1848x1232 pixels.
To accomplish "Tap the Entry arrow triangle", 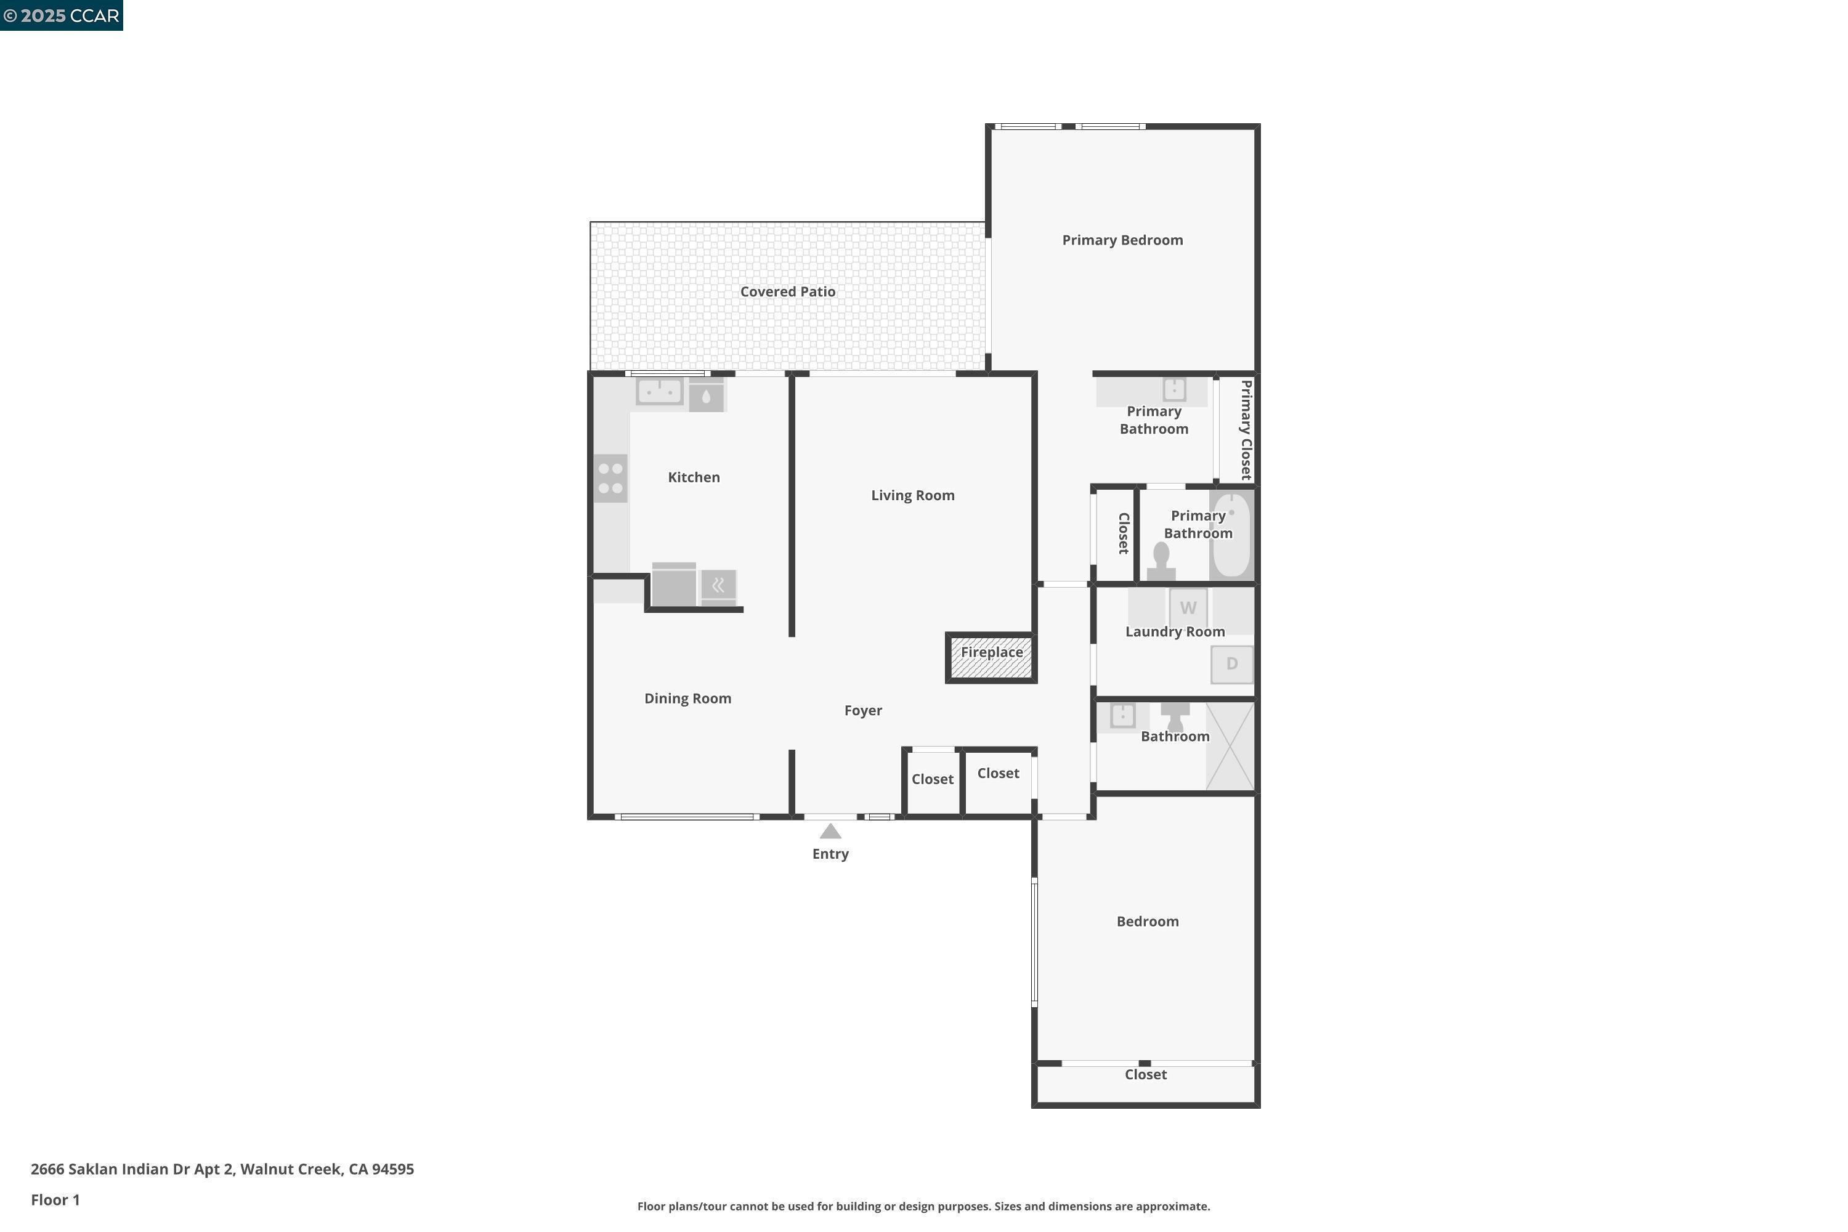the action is (x=830, y=831).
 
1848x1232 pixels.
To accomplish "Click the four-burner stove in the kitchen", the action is (x=610, y=479).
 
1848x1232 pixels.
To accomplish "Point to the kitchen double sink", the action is (x=659, y=391).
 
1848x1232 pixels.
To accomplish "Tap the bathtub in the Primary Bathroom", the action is (x=1231, y=535).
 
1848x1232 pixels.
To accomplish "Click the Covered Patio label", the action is (x=787, y=291).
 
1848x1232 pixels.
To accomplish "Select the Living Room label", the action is (x=913, y=495).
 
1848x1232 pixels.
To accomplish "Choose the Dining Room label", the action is (x=687, y=699).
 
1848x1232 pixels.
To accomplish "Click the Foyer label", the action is (x=863, y=710).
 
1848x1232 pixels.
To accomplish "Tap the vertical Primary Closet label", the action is (x=1246, y=430).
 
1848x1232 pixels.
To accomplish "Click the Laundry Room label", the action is (x=1175, y=632).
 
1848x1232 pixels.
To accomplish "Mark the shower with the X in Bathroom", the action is (x=1230, y=747).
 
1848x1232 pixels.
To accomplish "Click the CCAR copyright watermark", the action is (x=61, y=16).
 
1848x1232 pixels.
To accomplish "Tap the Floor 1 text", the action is (x=55, y=1200).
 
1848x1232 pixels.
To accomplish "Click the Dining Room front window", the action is (x=687, y=817).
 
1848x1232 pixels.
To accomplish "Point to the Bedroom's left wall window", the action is (x=1034, y=942).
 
